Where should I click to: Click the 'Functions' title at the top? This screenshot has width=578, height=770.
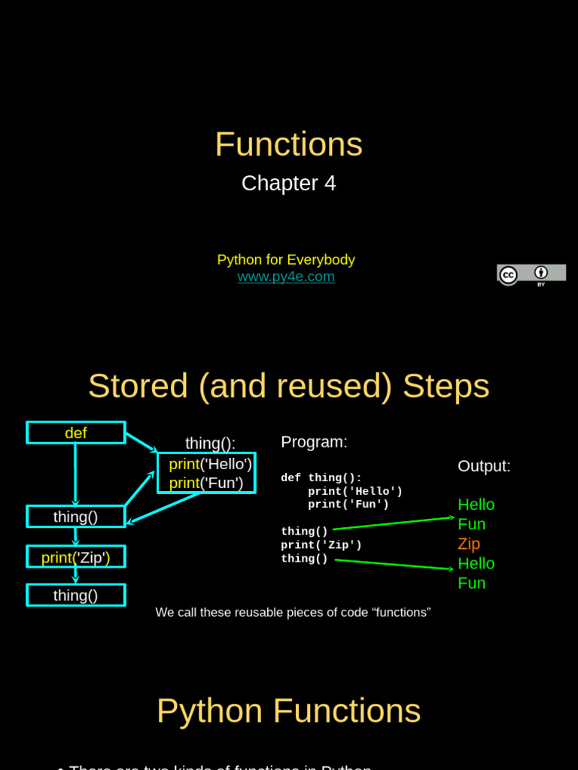coord(288,144)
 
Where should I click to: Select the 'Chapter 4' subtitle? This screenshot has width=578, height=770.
coord(288,183)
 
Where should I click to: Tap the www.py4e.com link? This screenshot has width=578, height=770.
coord(286,277)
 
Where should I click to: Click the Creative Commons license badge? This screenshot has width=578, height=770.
coord(531,274)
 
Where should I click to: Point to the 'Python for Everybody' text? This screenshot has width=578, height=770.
coord(286,260)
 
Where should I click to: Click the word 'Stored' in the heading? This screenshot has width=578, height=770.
coord(138,387)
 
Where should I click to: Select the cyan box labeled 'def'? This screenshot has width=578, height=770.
coord(76,433)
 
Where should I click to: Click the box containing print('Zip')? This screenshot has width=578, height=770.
coord(76,557)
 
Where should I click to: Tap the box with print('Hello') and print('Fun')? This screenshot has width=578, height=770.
coord(206,473)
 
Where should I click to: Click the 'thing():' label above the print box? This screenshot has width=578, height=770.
coord(210,444)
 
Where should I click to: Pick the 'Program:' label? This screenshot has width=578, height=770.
coord(314,442)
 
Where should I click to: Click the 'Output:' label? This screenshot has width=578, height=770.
coord(484,466)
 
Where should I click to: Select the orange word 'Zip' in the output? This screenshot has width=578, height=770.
coord(469,544)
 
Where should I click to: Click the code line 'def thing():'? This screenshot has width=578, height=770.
coord(321,478)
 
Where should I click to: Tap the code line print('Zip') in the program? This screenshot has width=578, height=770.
coord(321,545)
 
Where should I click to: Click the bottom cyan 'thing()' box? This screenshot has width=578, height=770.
coord(76,596)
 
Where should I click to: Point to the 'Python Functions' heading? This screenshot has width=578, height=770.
coord(288,711)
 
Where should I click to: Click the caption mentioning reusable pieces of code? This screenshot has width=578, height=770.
coord(293,613)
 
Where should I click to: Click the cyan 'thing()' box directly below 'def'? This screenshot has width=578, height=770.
coord(76,517)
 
